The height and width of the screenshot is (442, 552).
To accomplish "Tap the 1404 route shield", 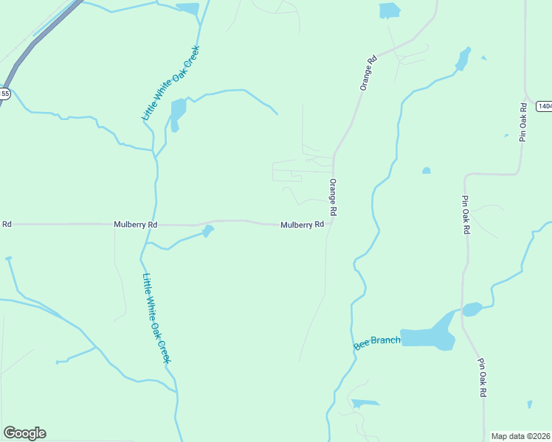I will coord(545,106).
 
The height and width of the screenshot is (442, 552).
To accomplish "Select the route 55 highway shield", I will coord(4,94).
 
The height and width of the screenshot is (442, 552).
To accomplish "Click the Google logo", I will coord(24,433).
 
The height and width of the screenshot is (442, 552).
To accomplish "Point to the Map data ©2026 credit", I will coord(521,436).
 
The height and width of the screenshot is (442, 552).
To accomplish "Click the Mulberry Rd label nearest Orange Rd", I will coord(302,225).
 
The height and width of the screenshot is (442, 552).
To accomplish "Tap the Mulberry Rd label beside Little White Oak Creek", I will coord(135,224).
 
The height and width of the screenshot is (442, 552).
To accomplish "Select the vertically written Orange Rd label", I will coord(334,197).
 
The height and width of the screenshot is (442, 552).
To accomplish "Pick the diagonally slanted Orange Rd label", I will coord(368,72).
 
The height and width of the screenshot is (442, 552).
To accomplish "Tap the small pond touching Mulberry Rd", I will coord(208,231).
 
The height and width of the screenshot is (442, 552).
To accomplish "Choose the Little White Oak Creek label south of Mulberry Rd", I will coord(156,318).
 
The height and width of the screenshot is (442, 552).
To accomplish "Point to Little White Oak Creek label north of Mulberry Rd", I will coord(171,83).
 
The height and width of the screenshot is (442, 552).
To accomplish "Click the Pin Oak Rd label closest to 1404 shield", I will coord(523,122).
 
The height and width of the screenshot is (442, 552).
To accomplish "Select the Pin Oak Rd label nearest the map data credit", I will coord(482,378).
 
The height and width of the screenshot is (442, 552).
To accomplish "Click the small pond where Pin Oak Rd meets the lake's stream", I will coord(471,309).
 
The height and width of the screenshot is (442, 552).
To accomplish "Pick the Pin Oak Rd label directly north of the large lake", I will coord(466,214).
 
